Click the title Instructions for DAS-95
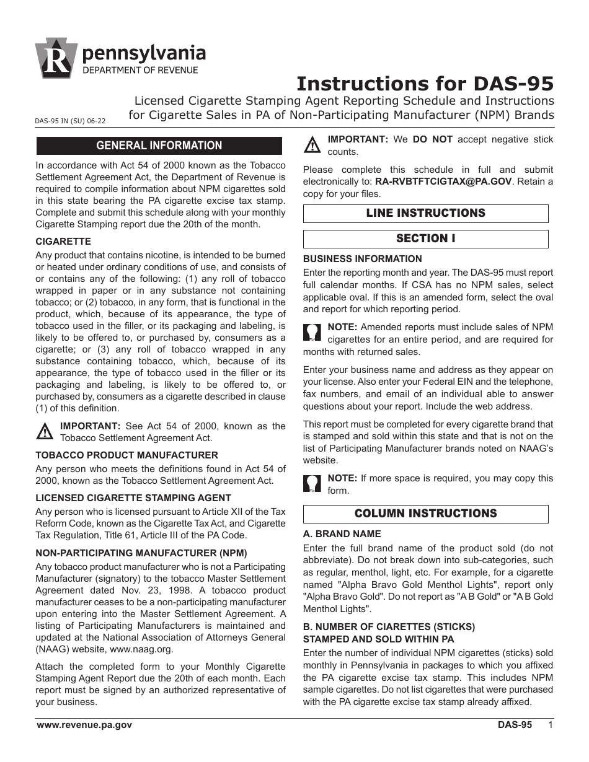tap(425, 84)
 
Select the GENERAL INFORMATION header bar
tap(159, 146)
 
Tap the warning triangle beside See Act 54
tap(45, 432)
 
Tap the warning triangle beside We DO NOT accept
tap(312, 146)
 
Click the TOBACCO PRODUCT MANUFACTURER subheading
tap(126, 455)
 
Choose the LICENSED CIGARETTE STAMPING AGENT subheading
tap(133, 497)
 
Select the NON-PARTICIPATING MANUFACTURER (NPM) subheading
tap(141, 553)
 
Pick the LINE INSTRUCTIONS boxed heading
tap(425, 213)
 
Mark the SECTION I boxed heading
tap(425, 239)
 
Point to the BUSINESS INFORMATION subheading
tap(362, 259)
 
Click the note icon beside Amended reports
tap(312, 333)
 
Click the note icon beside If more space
tap(312, 484)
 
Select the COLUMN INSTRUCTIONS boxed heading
tap(425, 514)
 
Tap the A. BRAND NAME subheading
tap(342, 533)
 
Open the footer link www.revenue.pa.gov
tap(84, 725)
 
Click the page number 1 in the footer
tap(550, 725)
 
